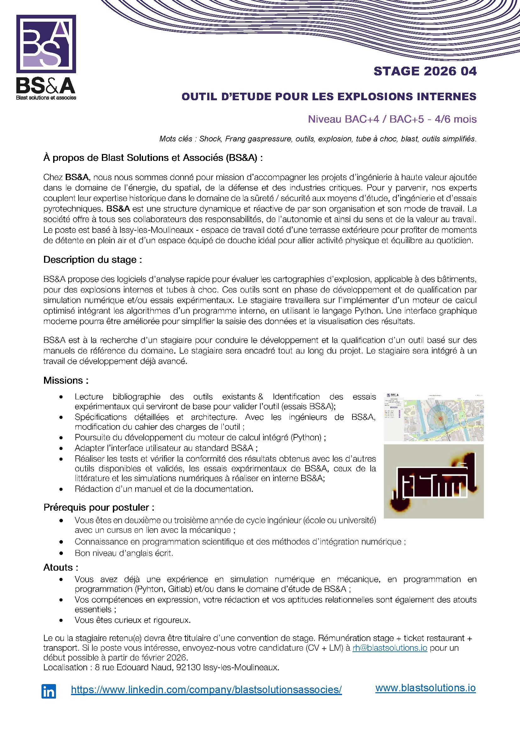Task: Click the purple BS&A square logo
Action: [46, 44]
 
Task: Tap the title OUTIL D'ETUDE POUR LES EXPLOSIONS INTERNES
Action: [329, 96]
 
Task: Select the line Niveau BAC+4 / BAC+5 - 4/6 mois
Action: [392, 119]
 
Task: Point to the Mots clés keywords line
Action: [317, 139]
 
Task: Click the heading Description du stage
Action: [92, 260]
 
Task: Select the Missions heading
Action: [66, 380]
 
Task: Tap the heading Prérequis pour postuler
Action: [99, 507]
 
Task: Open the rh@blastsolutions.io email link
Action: [390, 648]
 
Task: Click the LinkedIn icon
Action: [49, 691]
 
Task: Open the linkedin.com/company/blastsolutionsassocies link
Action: [206, 689]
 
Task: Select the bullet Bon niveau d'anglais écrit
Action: [124, 553]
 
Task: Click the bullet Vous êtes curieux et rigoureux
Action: [133, 620]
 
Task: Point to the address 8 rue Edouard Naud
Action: [161, 667]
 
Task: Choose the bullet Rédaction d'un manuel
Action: [164, 489]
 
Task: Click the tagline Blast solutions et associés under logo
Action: [46, 98]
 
